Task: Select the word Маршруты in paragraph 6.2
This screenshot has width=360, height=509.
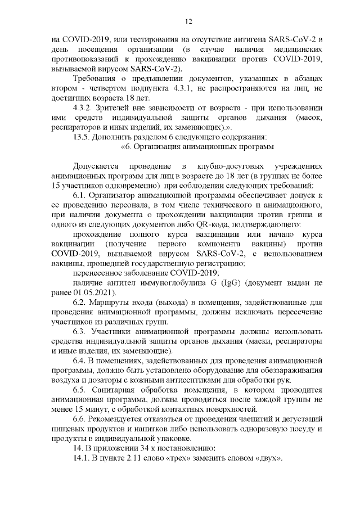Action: pyautogui.click(x=116, y=303)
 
